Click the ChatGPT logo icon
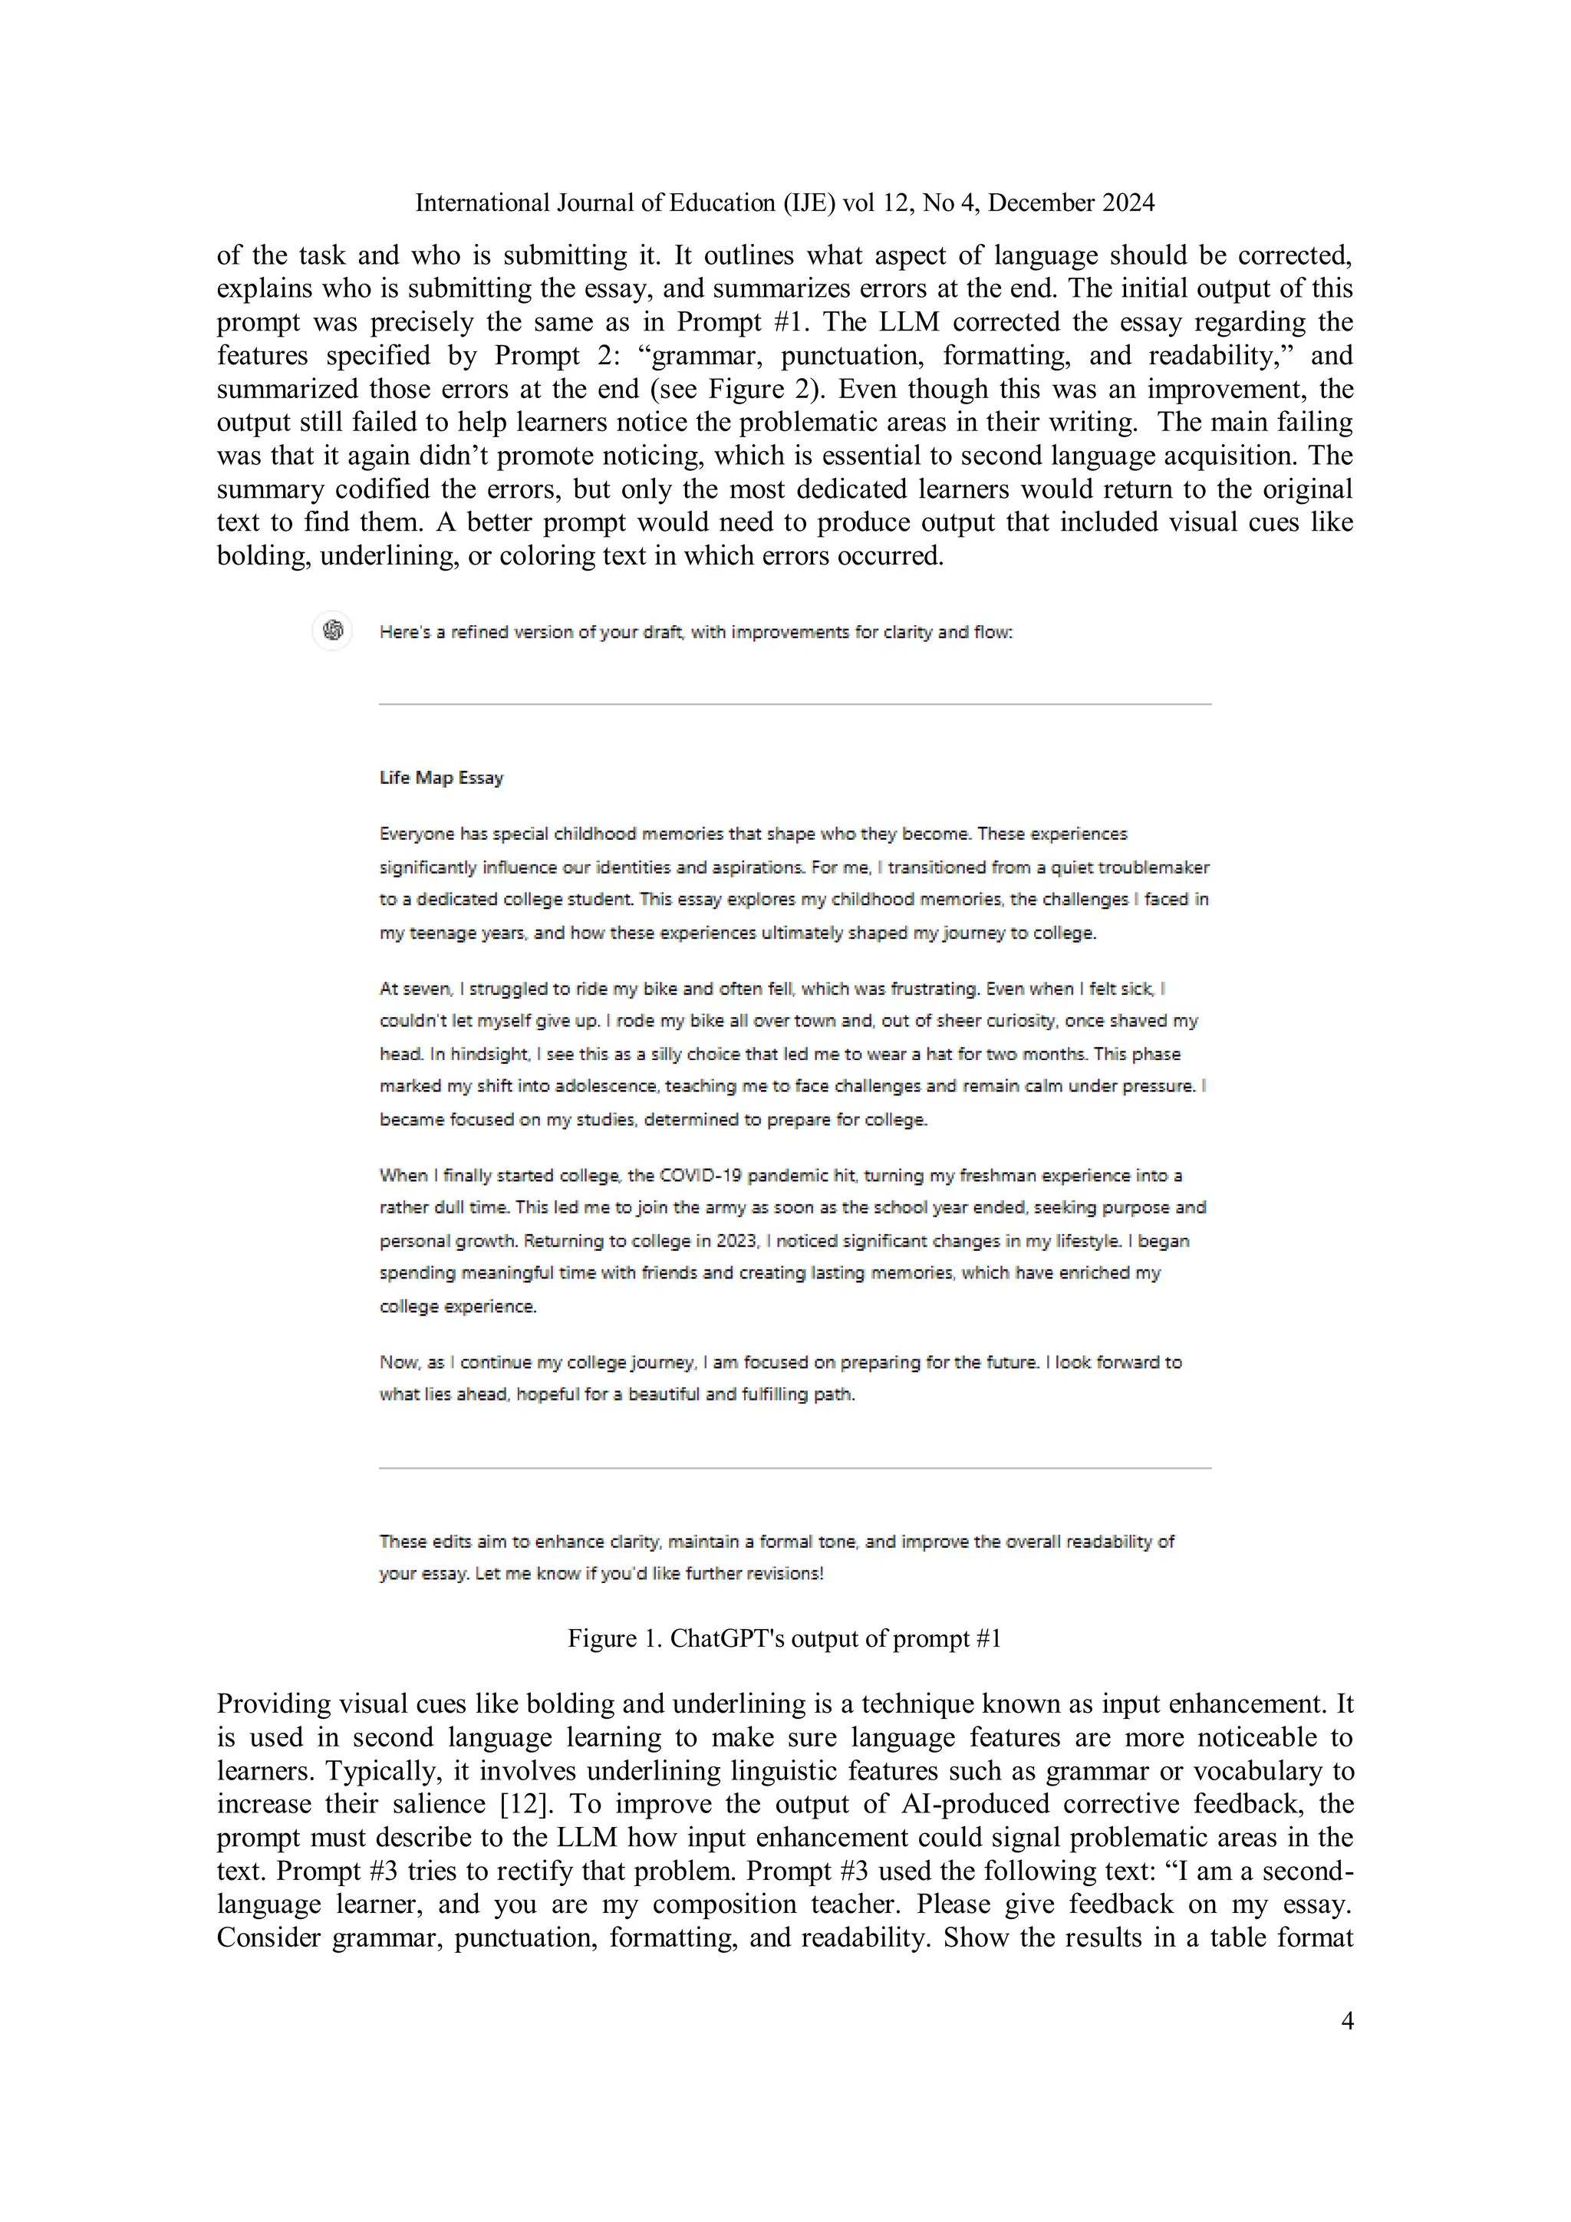pos(332,631)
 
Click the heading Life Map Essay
pos(441,778)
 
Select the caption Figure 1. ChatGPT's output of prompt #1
pos(784,1638)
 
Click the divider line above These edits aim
pos(795,1468)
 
